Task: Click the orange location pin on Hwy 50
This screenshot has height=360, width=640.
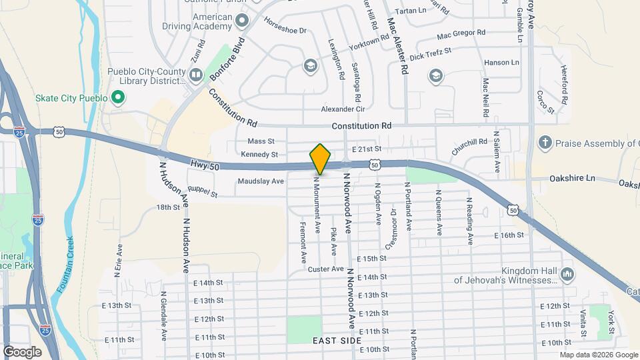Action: point(320,159)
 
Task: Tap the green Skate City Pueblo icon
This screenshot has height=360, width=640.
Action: point(118,99)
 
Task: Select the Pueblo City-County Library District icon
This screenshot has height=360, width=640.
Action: point(195,76)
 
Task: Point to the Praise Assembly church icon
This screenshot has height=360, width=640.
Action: point(545,143)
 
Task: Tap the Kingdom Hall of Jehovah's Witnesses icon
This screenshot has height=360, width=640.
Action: point(567,274)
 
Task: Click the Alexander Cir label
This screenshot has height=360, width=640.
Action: point(343,109)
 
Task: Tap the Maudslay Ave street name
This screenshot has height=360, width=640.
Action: point(261,181)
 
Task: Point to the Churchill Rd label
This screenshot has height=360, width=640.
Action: point(469,147)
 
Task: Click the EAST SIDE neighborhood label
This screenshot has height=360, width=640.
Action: point(337,341)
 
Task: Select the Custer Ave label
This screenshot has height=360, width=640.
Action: point(326,269)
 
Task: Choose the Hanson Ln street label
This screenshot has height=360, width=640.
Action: point(501,62)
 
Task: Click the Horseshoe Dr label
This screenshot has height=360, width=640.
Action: point(285,31)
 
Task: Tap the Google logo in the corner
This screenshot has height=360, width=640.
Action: point(22,351)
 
